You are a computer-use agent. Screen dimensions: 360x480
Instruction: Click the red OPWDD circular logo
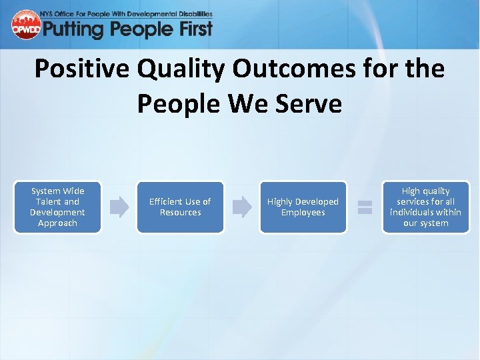26,25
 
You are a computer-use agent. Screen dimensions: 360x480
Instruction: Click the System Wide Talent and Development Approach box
57,207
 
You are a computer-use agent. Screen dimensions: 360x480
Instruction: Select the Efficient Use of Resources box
180,207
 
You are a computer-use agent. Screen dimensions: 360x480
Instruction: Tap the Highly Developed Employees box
303,207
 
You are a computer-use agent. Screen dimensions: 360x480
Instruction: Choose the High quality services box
425,207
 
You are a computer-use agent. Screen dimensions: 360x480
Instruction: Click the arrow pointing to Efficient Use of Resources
119,207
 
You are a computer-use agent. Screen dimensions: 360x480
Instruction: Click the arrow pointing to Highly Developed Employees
242,207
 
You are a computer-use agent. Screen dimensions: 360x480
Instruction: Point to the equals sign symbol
365,207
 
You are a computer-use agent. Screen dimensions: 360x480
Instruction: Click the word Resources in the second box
180,213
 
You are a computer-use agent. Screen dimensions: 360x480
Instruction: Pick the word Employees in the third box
303,213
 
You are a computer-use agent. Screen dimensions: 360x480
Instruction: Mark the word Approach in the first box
57,223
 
